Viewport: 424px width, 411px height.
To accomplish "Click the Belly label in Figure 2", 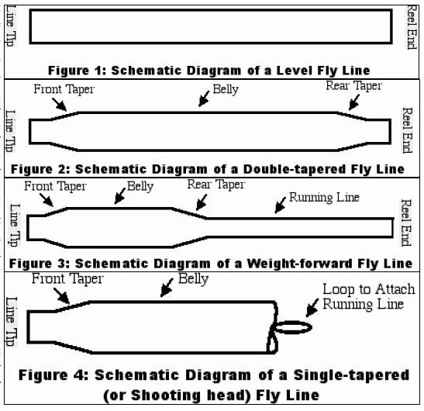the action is (x=226, y=89).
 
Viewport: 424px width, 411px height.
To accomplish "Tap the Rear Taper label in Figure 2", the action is (x=353, y=86).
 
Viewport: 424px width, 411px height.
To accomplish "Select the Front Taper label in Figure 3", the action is (x=56, y=186).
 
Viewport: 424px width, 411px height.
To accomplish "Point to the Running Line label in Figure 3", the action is (x=324, y=197).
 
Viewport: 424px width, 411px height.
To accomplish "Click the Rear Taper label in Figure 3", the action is (x=216, y=185).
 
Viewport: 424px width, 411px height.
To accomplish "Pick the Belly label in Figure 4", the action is (x=193, y=278).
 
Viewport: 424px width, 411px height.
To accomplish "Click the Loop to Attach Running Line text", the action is (x=368, y=296).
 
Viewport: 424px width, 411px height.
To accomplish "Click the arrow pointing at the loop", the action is (x=312, y=308).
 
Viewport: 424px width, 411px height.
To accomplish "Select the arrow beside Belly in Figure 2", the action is (x=204, y=98).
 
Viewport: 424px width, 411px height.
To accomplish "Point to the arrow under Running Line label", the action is (x=280, y=205).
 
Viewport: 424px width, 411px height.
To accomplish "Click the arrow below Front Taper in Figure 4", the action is (x=61, y=296).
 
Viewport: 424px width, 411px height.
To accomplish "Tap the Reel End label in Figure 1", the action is (x=412, y=27).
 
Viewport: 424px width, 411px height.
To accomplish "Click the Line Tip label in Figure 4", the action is (x=12, y=322).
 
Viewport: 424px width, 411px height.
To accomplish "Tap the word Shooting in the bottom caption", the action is (x=166, y=395).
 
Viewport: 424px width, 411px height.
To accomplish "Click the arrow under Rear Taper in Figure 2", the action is (x=354, y=102).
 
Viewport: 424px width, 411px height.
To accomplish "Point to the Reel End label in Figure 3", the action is (x=406, y=223).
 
